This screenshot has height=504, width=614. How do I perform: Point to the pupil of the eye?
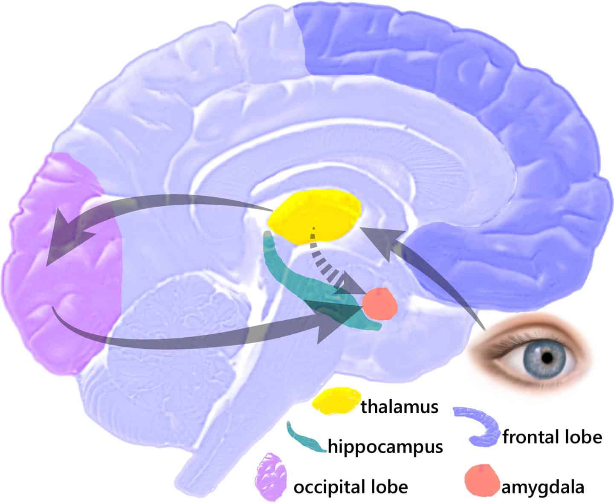(x=547, y=358)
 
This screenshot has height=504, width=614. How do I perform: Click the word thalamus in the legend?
(x=400, y=407)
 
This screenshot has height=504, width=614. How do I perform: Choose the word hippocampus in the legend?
(x=385, y=446)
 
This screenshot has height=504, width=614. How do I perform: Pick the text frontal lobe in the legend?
(x=552, y=437)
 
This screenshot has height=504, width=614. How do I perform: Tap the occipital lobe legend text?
(x=350, y=487)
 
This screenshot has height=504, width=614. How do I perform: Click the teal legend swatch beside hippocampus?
(x=305, y=438)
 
